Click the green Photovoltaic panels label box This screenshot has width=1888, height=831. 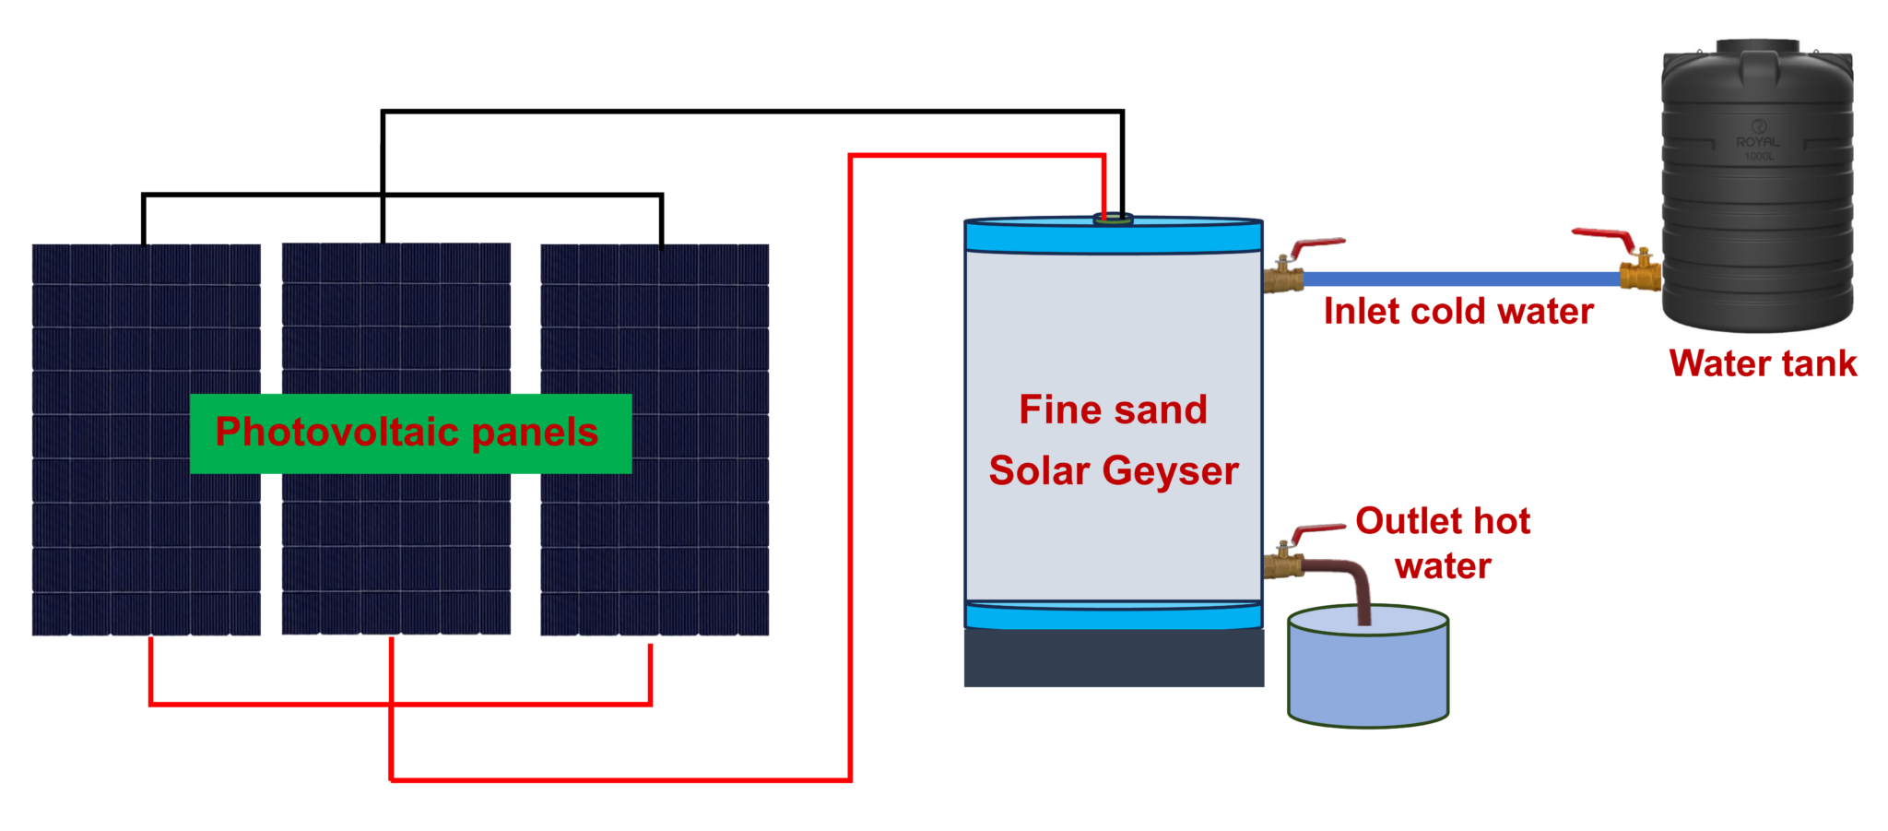click(410, 433)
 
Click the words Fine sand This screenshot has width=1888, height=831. click(1113, 410)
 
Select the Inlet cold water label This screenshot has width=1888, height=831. click(1458, 312)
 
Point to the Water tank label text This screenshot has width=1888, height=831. click(1763, 363)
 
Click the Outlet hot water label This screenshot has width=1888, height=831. click(1443, 543)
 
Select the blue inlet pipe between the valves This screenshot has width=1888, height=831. click(1461, 279)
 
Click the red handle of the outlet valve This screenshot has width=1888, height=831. click(1318, 530)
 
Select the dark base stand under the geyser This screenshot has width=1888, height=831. click(1114, 658)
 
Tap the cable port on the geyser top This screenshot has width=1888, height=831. click(1113, 219)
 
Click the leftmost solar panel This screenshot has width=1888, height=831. click(147, 544)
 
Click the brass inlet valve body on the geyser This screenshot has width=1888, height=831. click(1282, 276)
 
